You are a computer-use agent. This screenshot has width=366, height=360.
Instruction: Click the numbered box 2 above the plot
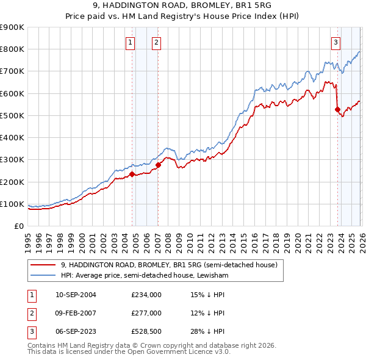tap(157, 42)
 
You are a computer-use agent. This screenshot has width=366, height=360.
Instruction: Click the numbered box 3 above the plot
tap(336, 42)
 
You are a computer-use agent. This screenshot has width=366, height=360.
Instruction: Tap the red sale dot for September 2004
tap(132, 175)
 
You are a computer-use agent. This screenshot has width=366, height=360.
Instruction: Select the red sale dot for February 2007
tap(158, 165)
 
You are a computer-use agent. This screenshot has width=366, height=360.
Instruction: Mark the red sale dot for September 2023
tap(337, 110)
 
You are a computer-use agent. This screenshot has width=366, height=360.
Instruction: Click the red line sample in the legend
tap(43, 265)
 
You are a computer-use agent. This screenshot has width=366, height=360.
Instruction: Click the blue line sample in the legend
tap(43, 275)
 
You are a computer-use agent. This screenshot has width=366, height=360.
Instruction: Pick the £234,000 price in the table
tap(146, 295)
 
